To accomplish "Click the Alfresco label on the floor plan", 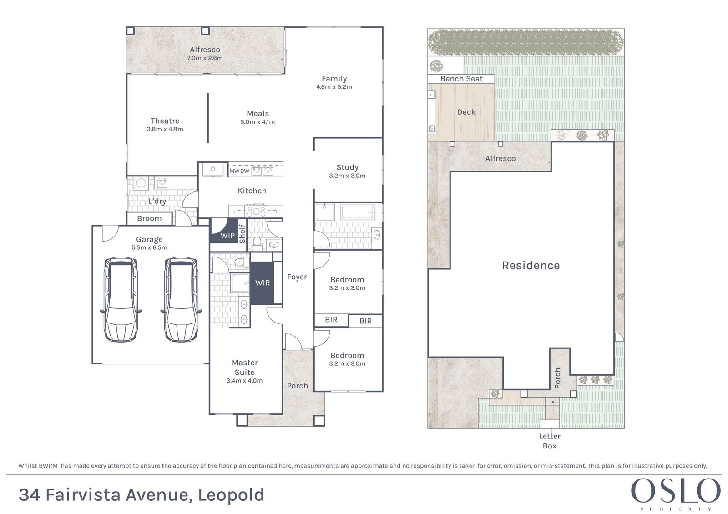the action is point(205,50).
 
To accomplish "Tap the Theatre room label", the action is point(165,121).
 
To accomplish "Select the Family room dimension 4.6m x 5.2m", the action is point(334,87).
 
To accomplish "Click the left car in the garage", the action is point(120,299).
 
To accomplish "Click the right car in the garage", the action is point(181,299).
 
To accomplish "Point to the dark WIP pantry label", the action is point(227,236).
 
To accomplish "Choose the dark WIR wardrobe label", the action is point(263,283).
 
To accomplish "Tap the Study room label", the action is point(348,168).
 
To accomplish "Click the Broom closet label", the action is point(149,218).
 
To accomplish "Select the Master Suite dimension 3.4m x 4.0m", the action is point(244,380).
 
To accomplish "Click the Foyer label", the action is point(297,277).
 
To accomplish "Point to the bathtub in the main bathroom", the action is point(357,212).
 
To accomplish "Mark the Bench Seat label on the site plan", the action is point(461,79).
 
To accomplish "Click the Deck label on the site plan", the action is point(466,112).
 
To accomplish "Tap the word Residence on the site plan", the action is point(531,266).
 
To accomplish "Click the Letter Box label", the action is point(550,441).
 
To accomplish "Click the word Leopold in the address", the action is point(231,495).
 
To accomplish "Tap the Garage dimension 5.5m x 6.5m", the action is point(149,247).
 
